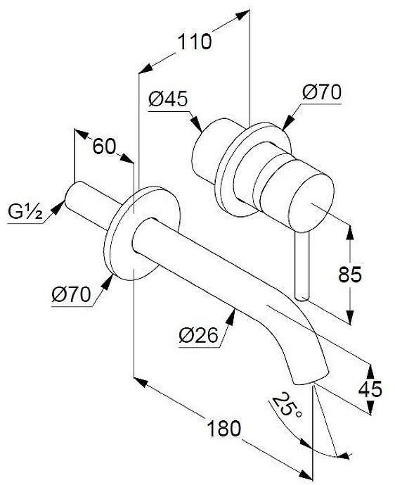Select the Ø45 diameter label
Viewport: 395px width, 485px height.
click(x=169, y=100)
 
